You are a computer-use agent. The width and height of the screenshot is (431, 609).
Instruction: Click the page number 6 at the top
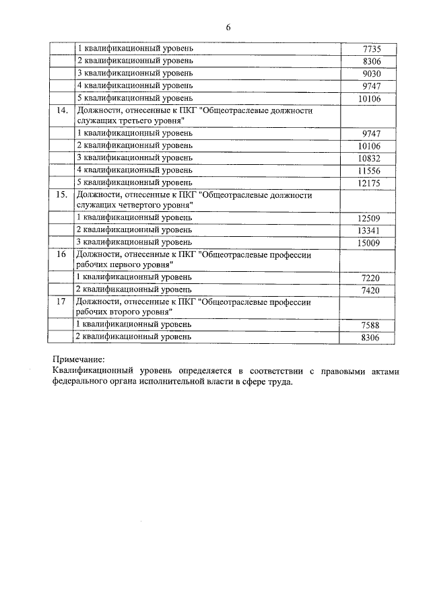pyautogui.click(x=228, y=27)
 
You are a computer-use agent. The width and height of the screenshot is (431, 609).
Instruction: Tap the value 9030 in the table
pyautogui.click(x=371, y=73)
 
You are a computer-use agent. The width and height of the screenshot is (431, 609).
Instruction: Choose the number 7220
pyautogui.click(x=371, y=277)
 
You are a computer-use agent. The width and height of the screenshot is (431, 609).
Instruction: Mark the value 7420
pyautogui.click(x=371, y=289)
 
